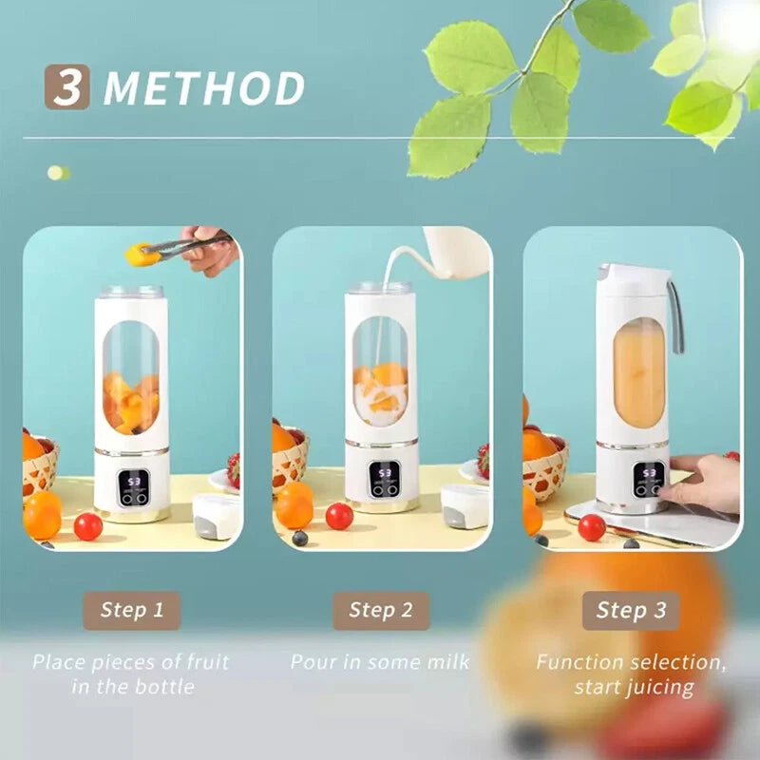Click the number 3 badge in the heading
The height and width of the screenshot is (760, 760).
pos(66,86)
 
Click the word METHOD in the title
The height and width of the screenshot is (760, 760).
pos(204,88)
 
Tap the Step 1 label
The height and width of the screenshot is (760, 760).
pos(131,611)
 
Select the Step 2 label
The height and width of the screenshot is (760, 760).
pos(380,611)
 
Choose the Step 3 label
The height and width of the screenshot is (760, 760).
pos(631,611)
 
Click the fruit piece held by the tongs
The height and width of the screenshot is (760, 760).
pos(142,254)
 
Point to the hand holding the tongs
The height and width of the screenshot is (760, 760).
pos(211,249)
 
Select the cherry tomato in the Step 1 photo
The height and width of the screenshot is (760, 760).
pos(87,526)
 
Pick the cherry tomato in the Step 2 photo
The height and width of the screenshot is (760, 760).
pos(339,516)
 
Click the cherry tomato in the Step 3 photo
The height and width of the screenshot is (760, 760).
pos(591,527)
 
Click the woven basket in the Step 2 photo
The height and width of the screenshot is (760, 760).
pos(289,464)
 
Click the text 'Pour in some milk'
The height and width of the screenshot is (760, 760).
pos(380,661)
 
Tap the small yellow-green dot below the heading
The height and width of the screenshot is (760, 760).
pos(57,173)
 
